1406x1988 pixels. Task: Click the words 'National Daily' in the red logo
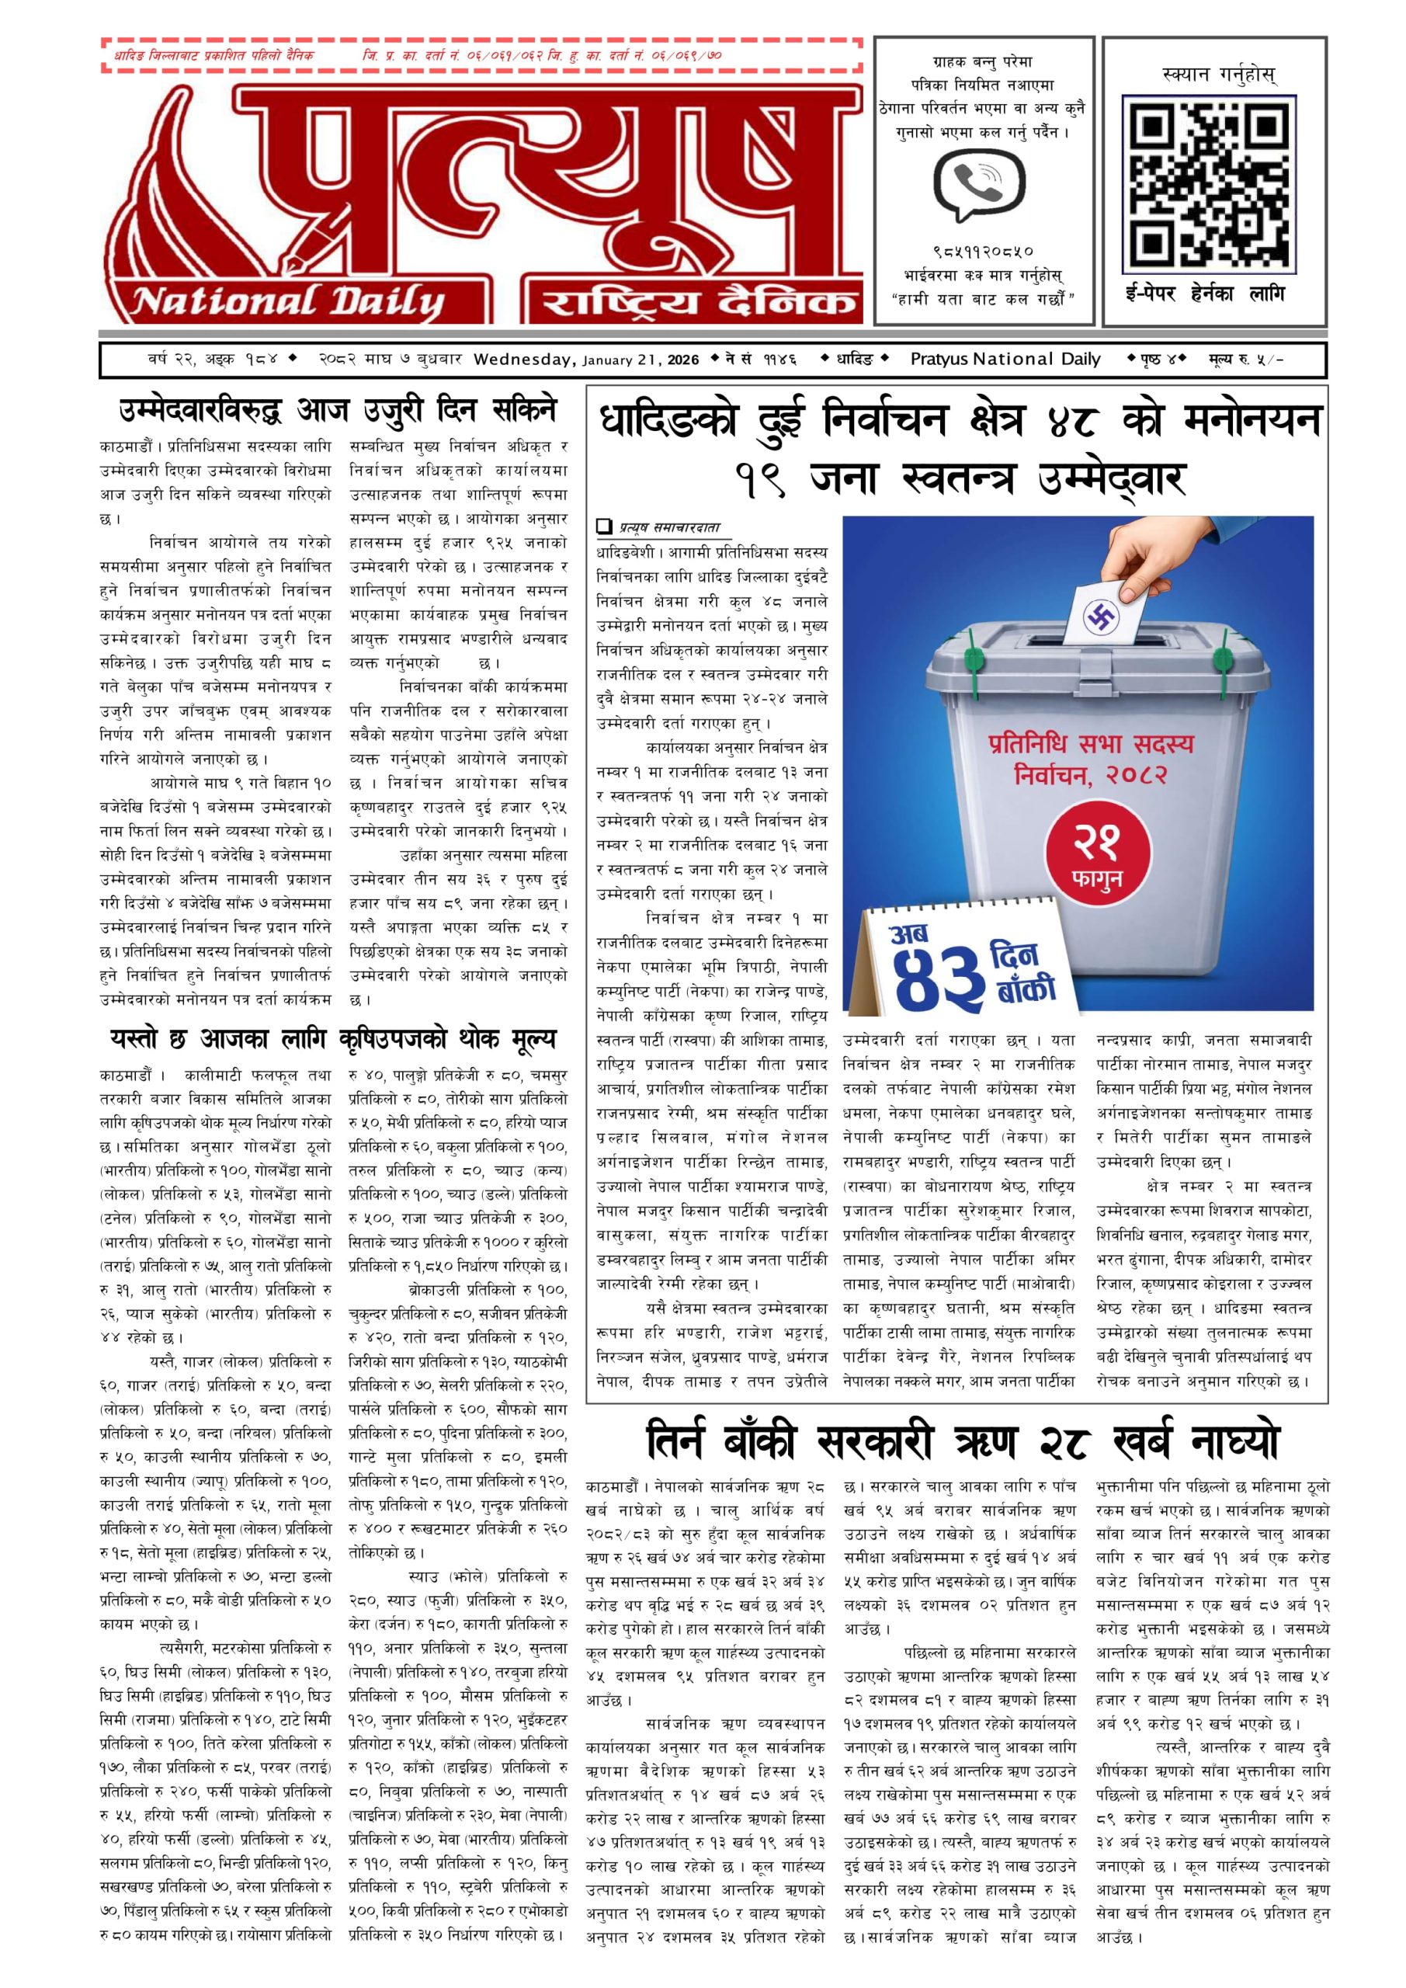point(287,302)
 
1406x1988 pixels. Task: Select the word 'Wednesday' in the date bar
point(525,360)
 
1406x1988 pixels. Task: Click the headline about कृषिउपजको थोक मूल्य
point(333,1039)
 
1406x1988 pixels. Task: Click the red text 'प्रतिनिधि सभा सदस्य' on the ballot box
point(1090,744)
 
